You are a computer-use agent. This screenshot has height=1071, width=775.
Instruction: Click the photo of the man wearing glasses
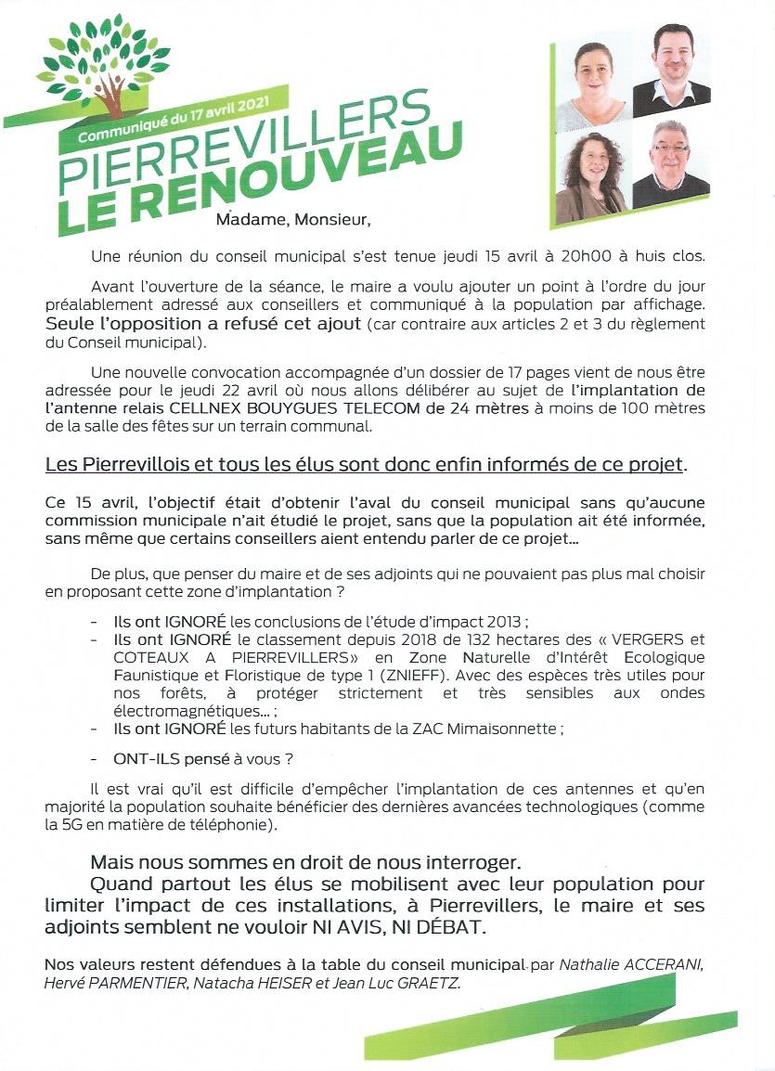671,164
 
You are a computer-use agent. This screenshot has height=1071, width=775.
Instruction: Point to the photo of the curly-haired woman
590,176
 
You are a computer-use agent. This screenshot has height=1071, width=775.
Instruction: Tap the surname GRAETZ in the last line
427,983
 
